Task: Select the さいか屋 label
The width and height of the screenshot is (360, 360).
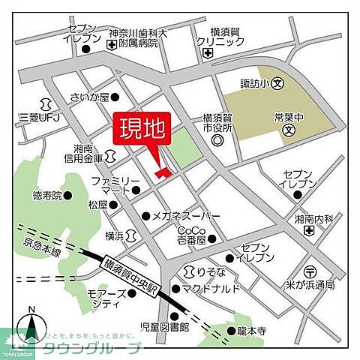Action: pyautogui.click(x=89, y=97)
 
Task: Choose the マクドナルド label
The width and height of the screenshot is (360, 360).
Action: pyautogui.click(x=211, y=288)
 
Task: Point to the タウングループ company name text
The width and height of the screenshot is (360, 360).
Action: pyautogui.click(x=102, y=348)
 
